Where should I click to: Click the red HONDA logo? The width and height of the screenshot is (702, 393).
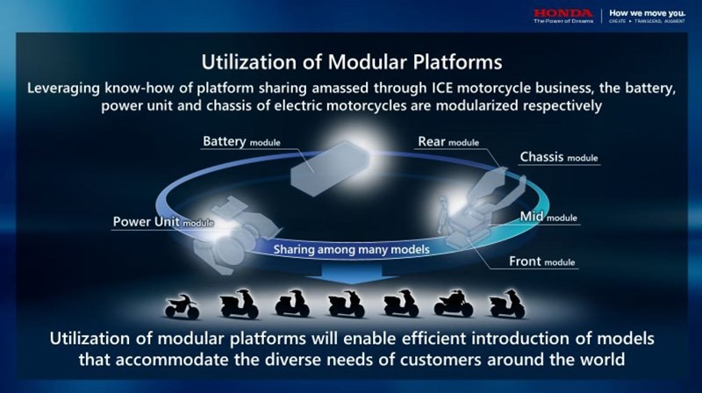[562, 13]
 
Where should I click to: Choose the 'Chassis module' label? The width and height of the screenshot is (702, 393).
[559, 158]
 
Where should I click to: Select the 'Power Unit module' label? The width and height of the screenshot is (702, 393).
[163, 222]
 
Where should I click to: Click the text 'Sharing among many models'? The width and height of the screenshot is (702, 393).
[351, 250]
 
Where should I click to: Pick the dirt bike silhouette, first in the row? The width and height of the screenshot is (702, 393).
[182, 306]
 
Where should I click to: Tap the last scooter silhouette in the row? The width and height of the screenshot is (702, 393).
[507, 304]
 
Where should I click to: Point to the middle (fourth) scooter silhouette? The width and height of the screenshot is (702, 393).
[346, 304]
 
